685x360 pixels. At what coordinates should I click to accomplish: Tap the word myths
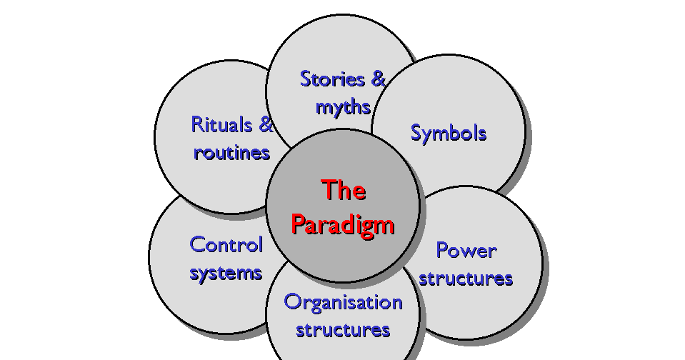(343, 107)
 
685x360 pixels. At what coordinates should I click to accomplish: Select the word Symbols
(449, 133)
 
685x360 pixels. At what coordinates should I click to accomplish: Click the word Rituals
(222, 124)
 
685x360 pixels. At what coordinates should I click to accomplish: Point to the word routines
(231, 152)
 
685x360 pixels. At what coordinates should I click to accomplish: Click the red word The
(344, 191)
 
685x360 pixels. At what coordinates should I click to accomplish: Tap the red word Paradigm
(343, 224)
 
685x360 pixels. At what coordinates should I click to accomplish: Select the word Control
(226, 244)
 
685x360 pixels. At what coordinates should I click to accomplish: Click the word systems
(226, 272)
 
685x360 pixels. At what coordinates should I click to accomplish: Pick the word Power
(466, 250)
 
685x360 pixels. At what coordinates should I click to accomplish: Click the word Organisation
(343, 301)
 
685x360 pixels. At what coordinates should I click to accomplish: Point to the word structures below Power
(466, 278)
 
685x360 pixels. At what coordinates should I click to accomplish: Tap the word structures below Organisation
(343, 330)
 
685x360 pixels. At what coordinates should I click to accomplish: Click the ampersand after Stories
(377, 79)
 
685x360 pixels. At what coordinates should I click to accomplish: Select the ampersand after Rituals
(265, 124)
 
